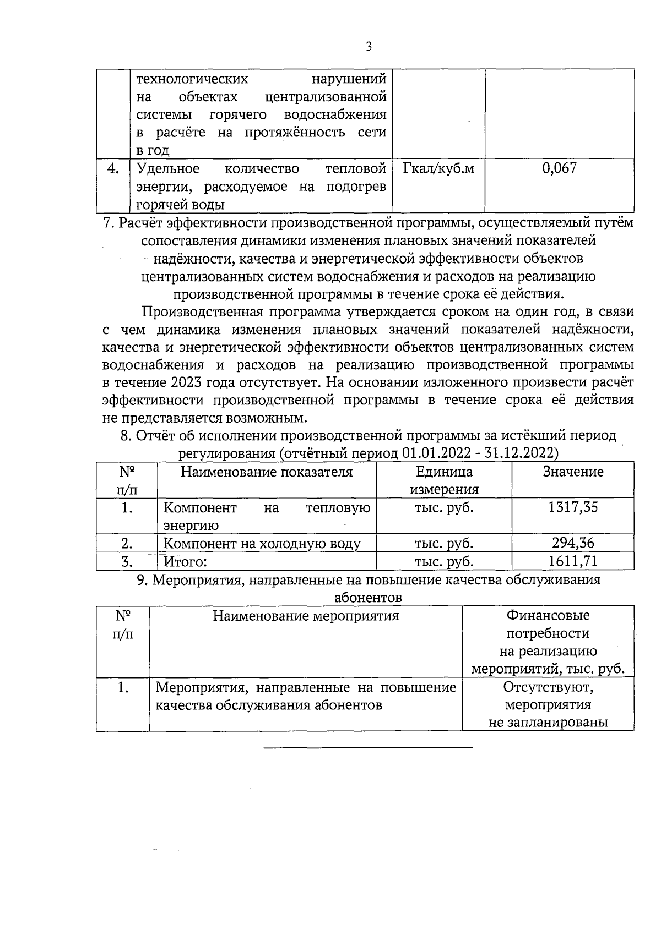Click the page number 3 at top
tap(369, 47)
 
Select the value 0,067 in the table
tap(559, 168)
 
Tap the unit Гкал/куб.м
tap(438, 168)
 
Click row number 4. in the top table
tap(113, 168)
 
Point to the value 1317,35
tap(573, 507)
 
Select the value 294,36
tap(573, 544)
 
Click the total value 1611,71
tap(573, 561)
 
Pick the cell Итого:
tap(185, 562)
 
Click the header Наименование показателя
tap(267, 472)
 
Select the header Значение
tap(573, 472)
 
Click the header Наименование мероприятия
tap(306, 616)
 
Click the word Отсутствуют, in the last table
tap(548, 687)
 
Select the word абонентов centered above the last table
tap(368, 598)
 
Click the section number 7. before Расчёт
tap(109, 223)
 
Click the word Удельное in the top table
tap(168, 168)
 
